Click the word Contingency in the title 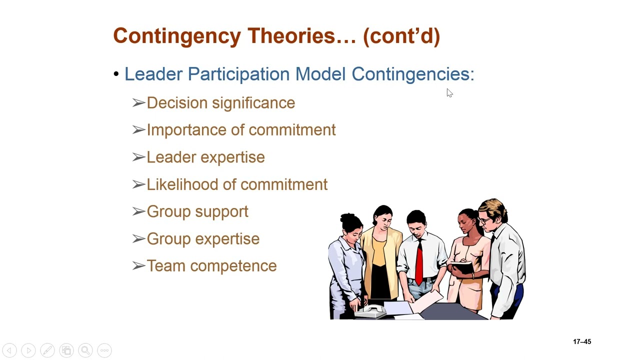coord(177,36)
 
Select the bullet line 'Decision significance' coord(220,103)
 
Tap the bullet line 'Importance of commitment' coord(241,130)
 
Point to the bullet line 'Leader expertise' coord(205,157)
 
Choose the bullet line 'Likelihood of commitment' coord(237,184)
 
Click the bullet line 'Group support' coord(197,211)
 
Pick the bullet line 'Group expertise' coord(203,239)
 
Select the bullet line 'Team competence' coord(211,266)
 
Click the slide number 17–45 coord(582,342)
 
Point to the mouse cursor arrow coord(449,92)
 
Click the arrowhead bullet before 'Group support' coord(138,211)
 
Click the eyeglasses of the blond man coord(485,220)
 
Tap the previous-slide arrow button coord(9,350)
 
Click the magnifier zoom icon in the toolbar coord(85,350)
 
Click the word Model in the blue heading coord(320,74)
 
